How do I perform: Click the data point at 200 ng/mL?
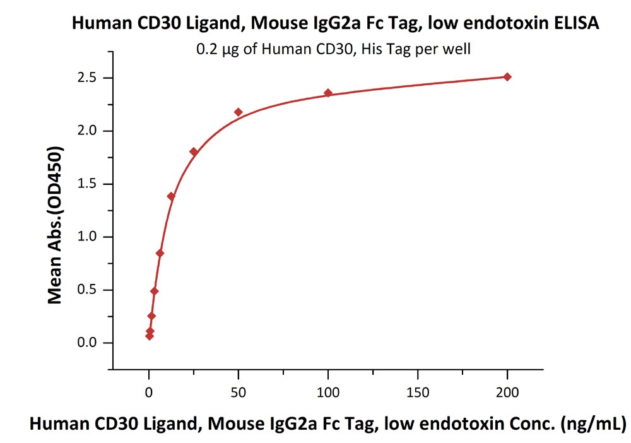click(x=507, y=77)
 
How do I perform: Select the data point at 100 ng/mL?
click(x=328, y=93)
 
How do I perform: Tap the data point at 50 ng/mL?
click(x=239, y=112)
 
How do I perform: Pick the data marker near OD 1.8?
click(x=194, y=152)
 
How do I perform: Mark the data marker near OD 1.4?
click(x=171, y=196)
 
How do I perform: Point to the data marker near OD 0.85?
click(x=160, y=253)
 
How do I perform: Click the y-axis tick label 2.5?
click(x=87, y=78)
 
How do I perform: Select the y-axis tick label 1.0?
click(x=87, y=237)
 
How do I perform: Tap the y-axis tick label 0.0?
click(x=87, y=343)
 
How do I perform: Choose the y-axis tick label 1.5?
click(x=87, y=184)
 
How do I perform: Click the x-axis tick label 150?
click(x=418, y=393)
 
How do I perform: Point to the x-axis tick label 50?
click(x=239, y=393)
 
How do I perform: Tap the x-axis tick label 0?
click(x=149, y=393)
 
